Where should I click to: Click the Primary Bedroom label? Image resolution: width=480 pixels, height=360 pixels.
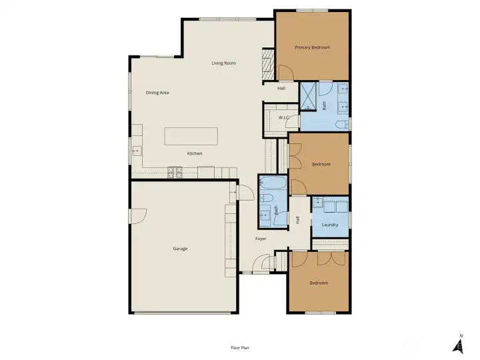click(312, 47)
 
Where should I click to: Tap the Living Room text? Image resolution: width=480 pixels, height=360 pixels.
click(224, 63)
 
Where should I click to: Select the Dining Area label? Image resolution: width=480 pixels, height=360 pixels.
click(157, 93)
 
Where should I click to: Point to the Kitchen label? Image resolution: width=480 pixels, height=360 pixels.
click(195, 153)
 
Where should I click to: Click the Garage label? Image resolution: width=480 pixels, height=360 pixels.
click(180, 249)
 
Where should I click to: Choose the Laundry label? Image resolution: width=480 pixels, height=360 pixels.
click(330, 225)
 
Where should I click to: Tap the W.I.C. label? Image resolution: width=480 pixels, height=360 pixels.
click(284, 117)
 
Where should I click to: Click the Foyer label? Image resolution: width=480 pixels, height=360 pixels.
click(261, 239)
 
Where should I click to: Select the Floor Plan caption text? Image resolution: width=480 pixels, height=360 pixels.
click(240, 348)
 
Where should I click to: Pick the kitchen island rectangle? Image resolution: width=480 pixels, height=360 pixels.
click(191, 136)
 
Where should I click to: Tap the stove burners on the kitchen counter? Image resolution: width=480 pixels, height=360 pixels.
click(175, 173)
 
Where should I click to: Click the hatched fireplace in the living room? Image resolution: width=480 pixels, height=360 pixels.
click(267, 64)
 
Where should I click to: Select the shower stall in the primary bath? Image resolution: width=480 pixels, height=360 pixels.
click(308, 96)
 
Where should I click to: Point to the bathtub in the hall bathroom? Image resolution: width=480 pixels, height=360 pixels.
click(273, 183)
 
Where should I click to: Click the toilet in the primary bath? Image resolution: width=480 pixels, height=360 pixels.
click(341, 124)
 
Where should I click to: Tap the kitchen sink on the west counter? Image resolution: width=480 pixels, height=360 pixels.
click(137, 151)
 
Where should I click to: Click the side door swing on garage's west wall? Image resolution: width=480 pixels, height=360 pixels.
click(139, 216)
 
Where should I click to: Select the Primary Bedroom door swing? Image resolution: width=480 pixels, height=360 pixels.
click(285, 73)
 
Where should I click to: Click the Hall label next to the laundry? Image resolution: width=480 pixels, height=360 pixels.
click(297, 220)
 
